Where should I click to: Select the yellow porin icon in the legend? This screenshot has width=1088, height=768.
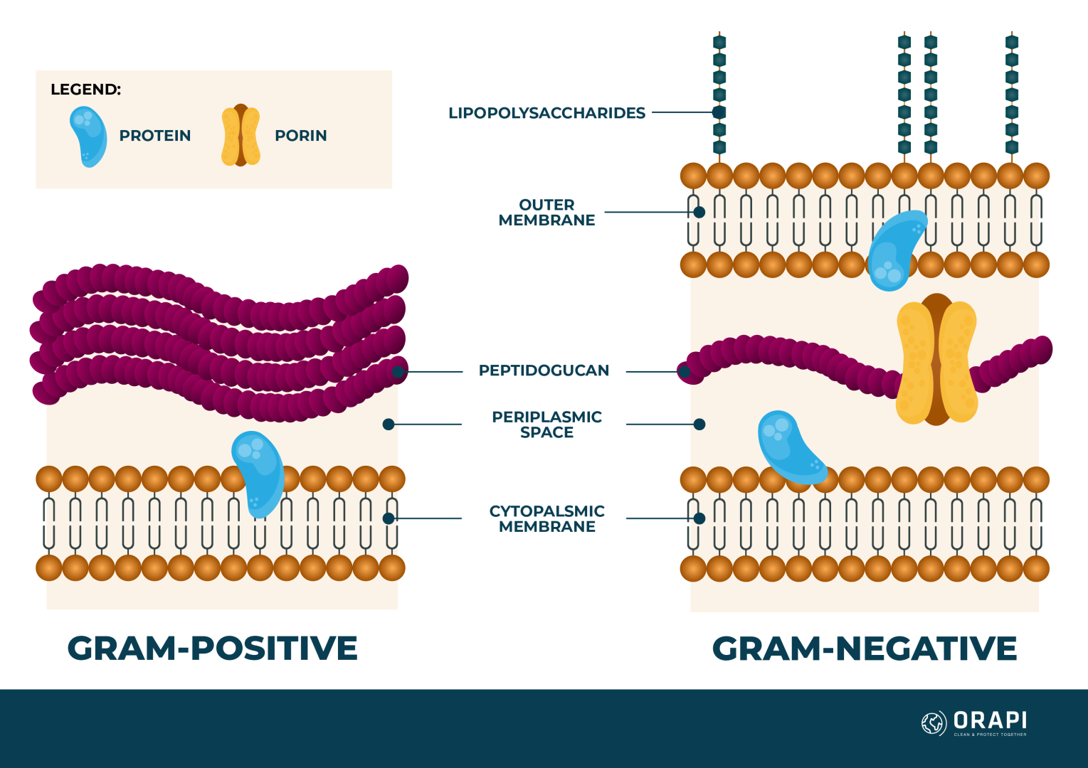click(x=241, y=135)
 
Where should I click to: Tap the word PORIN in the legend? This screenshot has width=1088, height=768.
click(x=300, y=136)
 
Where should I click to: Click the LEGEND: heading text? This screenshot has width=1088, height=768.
click(x=85, y=90)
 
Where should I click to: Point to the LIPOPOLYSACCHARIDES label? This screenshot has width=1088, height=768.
click(x=546, y=113)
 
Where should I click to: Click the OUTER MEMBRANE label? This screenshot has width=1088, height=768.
click(x=546, y=213)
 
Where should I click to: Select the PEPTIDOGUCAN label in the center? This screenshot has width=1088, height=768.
click(x=544, y=370)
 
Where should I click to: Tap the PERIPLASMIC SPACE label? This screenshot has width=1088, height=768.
click(x=546, y=425)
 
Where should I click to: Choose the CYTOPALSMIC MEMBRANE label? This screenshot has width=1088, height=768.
click(x=546, y=519)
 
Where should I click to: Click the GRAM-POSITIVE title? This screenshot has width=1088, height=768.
click(x=212, y=649)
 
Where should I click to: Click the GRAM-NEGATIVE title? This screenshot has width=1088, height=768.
click(x=864, y=649)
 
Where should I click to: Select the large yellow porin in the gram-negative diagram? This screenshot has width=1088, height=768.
click(x=936, y=360)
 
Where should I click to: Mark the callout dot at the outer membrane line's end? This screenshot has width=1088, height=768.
click(x=699, y=212)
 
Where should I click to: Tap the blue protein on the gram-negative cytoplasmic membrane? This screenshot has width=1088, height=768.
click(x=788, y=447)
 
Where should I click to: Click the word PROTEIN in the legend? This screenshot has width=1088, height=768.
click(x=154, y=136)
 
